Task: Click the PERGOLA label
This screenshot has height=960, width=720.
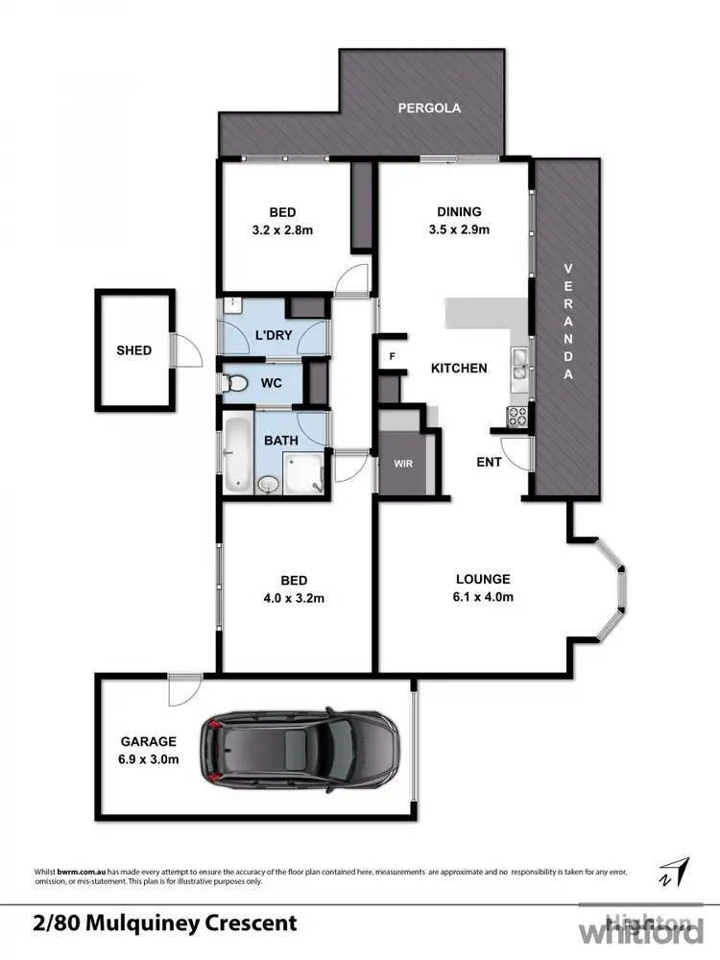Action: coord(429,108)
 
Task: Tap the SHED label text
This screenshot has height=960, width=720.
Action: coord(133,350)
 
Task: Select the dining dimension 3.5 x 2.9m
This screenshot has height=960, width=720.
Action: coord(458,229)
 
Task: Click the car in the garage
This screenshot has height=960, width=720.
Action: coord(299,746)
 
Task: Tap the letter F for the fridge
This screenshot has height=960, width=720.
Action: coord(392,356)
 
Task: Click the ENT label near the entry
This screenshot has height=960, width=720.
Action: coord(491,463)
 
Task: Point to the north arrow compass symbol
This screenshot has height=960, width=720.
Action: coord(675,872)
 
